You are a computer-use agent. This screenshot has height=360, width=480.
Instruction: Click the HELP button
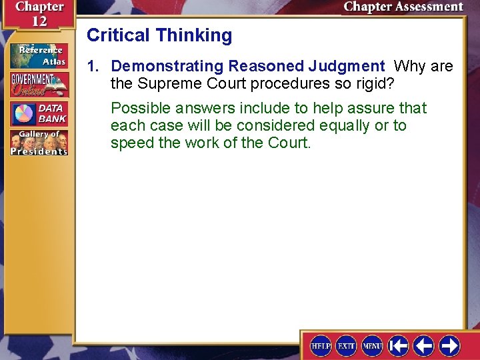coord(321,345)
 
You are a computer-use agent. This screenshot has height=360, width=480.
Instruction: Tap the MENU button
coord(372,345)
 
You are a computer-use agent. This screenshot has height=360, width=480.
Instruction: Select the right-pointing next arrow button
coord(449,345)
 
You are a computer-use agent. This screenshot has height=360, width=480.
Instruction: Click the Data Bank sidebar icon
coord(39,113)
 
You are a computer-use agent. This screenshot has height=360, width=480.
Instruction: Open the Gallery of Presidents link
coord(39,142)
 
